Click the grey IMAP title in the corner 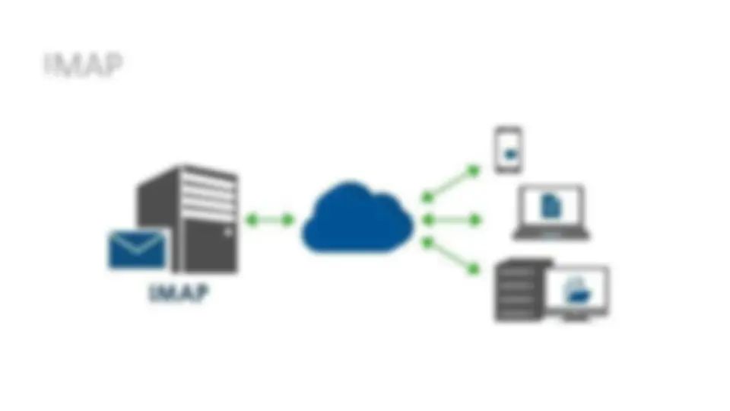pos(84,64)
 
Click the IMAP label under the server pos(179,292)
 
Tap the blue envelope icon pos(138,250)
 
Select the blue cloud pos(357,218)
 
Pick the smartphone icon pos(508,150)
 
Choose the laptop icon pos(551,212)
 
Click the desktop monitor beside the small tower pos(578,292)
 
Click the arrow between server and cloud pos(269,219)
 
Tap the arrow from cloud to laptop pos(452,219)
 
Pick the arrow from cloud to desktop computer pos(451,256)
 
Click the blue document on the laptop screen pos(551,206)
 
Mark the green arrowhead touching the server pos(252,219)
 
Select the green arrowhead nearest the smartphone pos(474,170)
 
